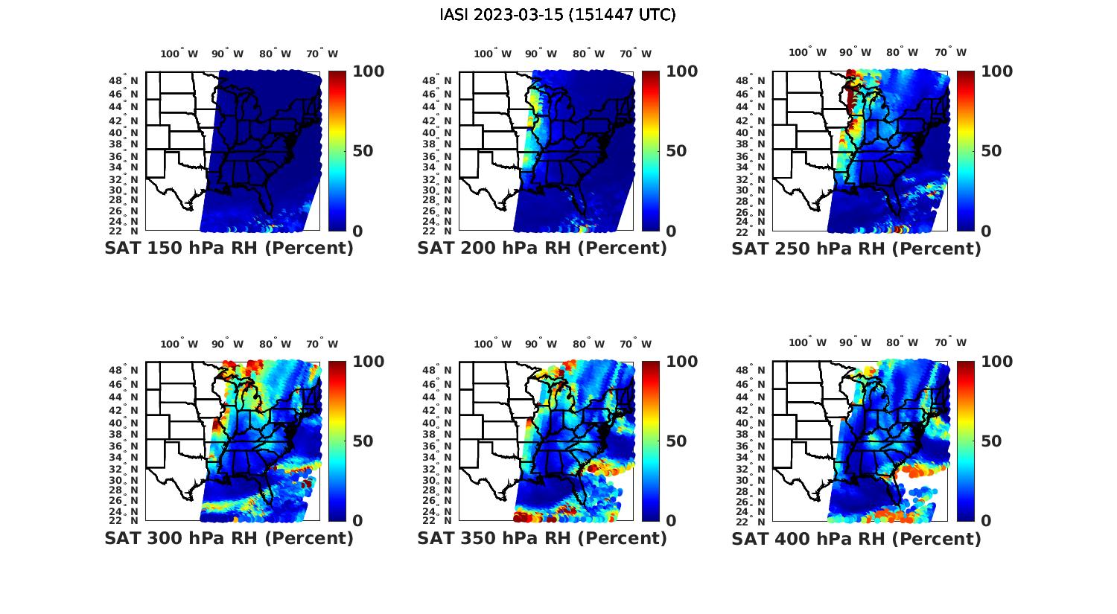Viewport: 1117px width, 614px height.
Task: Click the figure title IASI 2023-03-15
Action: pos(558,15)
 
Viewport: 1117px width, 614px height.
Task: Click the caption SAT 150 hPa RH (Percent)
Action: pos(229,249)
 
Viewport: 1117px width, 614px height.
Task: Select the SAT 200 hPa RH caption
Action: pos(542,249)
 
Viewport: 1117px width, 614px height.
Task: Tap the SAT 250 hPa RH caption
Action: pos(856,249)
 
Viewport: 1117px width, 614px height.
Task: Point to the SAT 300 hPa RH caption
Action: pos(229,538)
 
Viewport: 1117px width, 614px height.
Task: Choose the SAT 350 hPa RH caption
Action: pos(542,538)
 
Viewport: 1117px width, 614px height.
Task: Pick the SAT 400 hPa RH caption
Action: pos(856,538)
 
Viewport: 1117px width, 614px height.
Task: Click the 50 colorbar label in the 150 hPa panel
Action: pos(363,151)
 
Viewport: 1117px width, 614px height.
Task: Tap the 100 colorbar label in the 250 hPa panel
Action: pos(997,71)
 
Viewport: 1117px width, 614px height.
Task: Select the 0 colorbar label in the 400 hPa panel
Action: pos(987,521)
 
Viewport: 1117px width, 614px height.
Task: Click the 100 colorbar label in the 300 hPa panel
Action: pos(369,362)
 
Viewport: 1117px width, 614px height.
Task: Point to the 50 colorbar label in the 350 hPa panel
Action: pos(676,441)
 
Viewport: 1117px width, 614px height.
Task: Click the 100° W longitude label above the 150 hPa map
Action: pos(179,54)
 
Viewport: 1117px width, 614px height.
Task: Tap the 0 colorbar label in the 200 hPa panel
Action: pos(671,231)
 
